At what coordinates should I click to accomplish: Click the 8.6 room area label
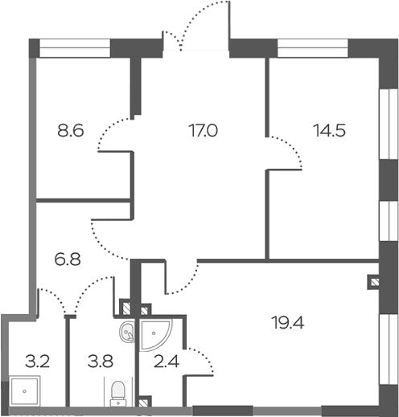coord(71,131)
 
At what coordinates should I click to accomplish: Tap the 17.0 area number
coord(203,131)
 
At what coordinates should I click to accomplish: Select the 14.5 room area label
coord(330,131)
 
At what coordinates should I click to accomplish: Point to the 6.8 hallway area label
coord(68,260)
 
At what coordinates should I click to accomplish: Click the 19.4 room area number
coord(288,322)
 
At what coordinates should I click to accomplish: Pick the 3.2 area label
coord(38,362)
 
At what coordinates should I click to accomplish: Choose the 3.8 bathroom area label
coord(101,362)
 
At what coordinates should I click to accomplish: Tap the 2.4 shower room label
coord(167,362)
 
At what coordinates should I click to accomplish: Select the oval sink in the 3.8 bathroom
coord(127,332)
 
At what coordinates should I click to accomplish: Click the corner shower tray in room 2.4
coord(156,336)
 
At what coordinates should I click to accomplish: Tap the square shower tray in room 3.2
coord(24,391)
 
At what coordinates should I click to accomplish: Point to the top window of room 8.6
coord(75,48)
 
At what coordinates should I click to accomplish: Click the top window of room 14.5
coord(313,48)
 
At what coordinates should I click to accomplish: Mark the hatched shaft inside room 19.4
coord(373,282)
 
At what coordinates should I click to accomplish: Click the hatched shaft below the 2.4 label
coord(144,402)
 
